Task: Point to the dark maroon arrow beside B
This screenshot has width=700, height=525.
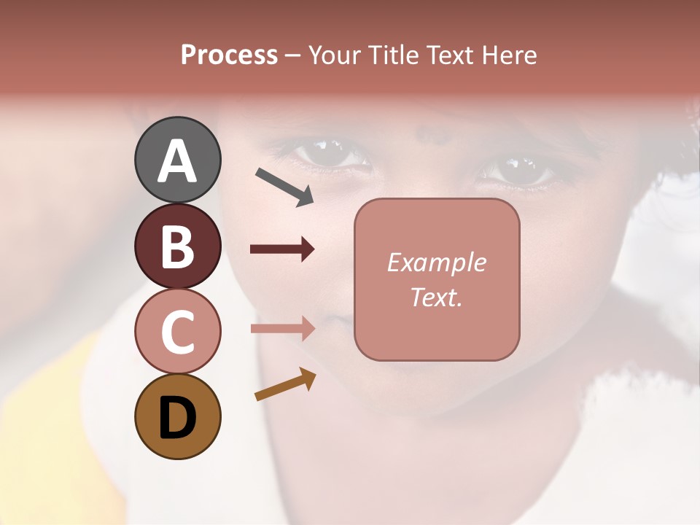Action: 282,249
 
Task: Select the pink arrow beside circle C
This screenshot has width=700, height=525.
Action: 282,328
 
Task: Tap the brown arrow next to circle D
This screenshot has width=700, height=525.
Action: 285,384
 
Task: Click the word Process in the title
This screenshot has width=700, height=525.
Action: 229,55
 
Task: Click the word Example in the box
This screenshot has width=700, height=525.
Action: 437,262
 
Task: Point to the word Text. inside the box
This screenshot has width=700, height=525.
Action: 437,297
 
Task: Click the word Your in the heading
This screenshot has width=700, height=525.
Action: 336,55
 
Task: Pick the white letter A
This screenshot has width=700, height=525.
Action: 177,161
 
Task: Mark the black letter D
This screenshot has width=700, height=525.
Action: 177,418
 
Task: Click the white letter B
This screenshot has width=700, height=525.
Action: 177,246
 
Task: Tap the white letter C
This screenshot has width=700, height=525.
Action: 177,332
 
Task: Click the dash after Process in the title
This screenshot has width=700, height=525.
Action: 292,55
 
